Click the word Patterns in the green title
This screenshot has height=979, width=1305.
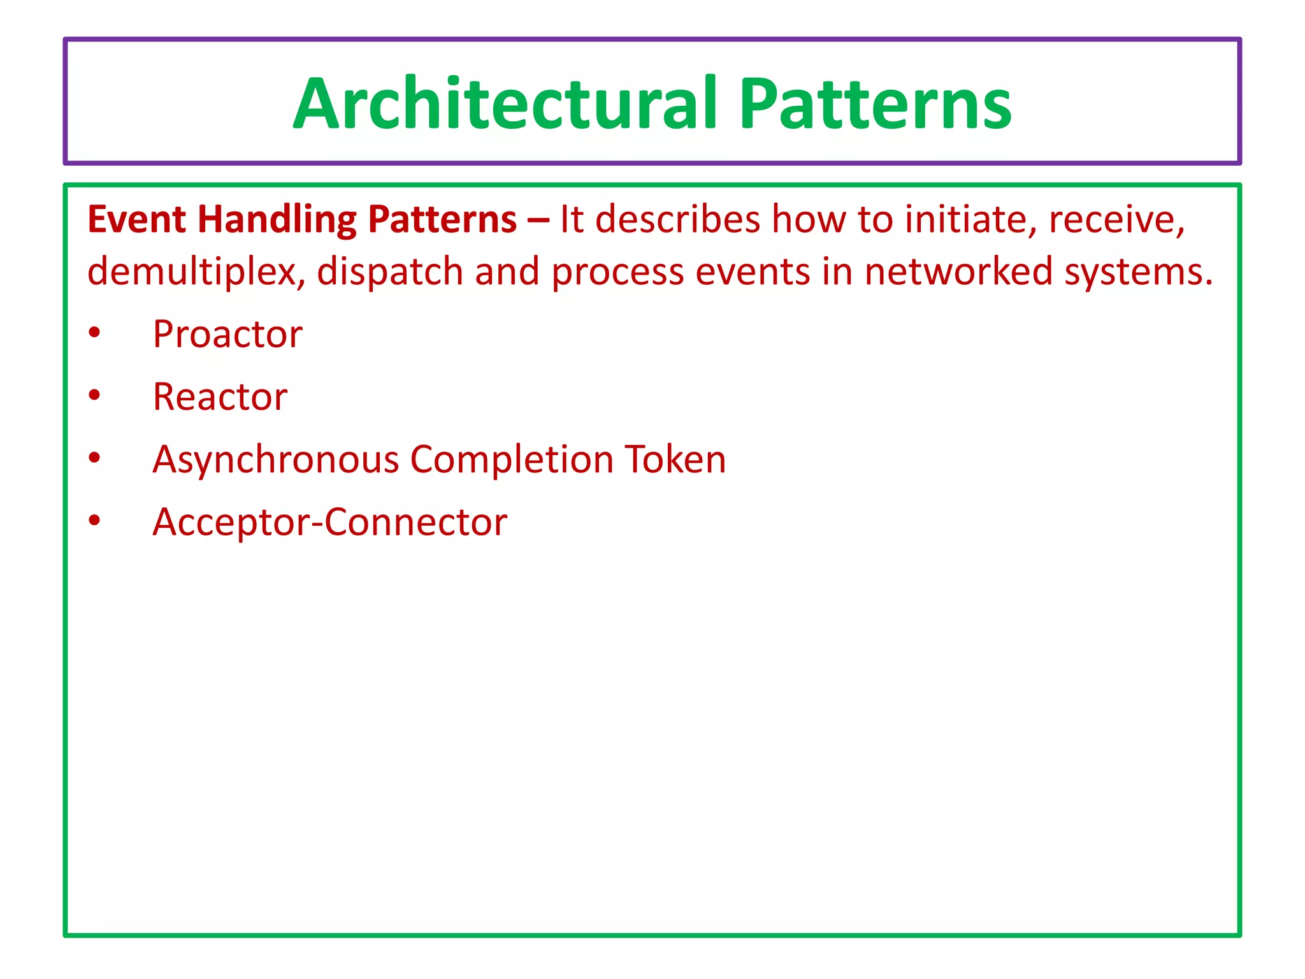click(x=875, y=103)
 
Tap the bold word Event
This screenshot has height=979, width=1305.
click(x=136, y=220)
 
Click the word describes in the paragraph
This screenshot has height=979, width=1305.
click(x=678, y=220)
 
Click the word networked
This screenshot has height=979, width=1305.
click(x=958, y=272)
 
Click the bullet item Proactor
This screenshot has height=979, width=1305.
click(x=227, y=334)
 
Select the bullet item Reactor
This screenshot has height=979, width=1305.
click(x=220, y=396)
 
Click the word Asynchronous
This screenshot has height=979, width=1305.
click(x=275, y=460)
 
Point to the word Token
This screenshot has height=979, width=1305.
click(x=675, y=459)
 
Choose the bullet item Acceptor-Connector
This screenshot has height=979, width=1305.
click(x=329, y=522)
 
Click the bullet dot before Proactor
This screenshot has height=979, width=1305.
click(x=95, y=333)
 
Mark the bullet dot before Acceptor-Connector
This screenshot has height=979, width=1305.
click(x=95, y=521)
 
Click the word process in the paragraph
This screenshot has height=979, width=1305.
click(x=617, y=273)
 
